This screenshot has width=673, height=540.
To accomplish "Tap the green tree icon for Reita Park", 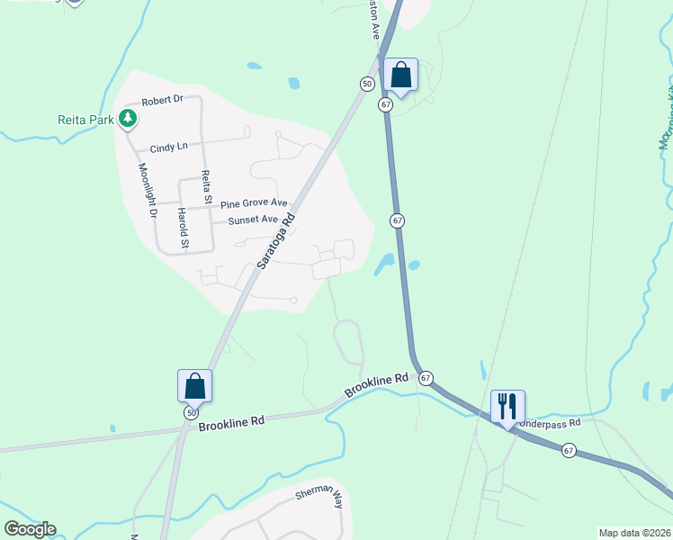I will [x=128, y=118].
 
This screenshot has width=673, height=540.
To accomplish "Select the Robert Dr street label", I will [x=162, y=101].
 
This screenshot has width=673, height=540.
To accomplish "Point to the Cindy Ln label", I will [x=169, y=147].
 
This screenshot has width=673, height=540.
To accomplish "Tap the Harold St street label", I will [x=184, y=228].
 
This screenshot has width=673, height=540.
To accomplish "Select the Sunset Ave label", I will [x=253, y=220].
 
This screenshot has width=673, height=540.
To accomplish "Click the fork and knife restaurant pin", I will [x=508, y=406].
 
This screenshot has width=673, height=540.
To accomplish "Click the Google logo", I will [x=30, y=529].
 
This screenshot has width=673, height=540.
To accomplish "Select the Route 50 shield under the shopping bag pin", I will [x=191, y=412].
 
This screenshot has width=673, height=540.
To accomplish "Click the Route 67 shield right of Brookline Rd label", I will [x=426, y=378].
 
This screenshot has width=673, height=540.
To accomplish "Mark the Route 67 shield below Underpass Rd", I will [x=569, y=448].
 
